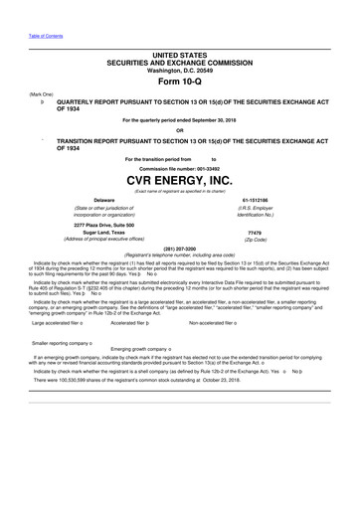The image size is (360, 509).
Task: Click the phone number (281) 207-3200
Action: [x=179, y=248]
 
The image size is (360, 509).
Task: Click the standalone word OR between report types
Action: [x=179, y=130]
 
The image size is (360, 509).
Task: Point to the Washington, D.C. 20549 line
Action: [x=179, y=70]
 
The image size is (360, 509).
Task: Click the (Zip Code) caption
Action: [x=256, y=240]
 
